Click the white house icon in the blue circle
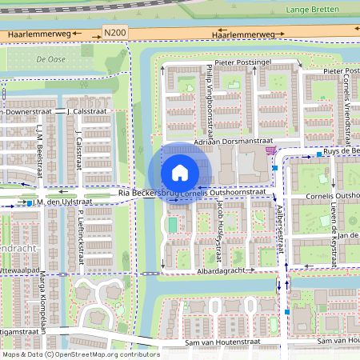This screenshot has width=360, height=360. tap(180, 173)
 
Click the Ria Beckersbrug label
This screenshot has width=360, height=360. tap(147, 194)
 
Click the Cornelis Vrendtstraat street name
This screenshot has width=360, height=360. tap(348, 104)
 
